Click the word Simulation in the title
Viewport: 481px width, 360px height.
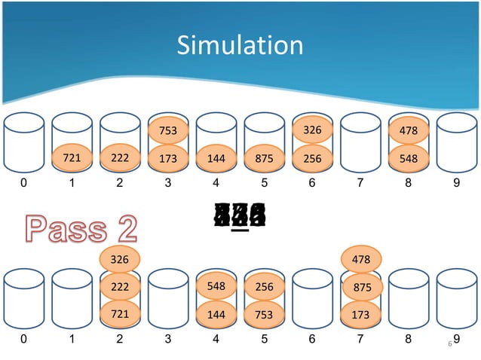(240, 46)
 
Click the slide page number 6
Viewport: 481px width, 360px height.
(449, 344)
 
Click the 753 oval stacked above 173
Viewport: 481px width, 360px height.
(167, 131)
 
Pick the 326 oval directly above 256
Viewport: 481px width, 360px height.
(311, 130)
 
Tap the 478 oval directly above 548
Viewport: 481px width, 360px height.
(408, 132)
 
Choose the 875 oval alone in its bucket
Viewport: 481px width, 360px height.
(264, 159)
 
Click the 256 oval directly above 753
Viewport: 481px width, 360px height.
(264, 287)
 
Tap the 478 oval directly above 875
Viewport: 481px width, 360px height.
(360, 260)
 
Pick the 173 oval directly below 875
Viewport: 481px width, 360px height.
(360, 314)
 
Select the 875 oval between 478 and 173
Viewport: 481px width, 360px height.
(360, 287)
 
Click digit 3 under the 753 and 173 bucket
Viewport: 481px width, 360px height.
(167, 182)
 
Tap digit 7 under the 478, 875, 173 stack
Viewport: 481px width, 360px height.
(360, 339)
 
